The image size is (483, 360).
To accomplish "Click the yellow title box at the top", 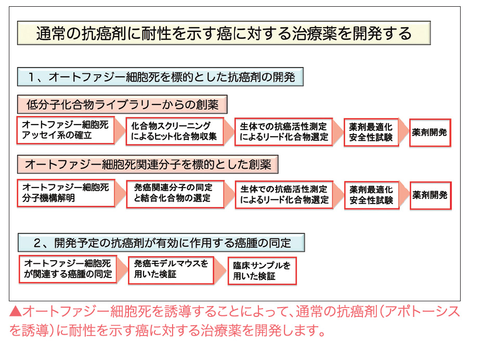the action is pyautogui.click(x=224, y=33).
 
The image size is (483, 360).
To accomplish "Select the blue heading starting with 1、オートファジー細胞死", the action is pyautogui.click(x=160, y=76).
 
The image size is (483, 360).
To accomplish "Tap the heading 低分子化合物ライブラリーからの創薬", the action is pyautogui.click(x=122, y=104).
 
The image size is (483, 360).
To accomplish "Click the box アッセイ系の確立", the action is pyautogui.click(x=66, y=130).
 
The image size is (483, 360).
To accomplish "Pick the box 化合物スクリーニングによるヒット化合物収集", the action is pyautogui.click(x=175, y=131).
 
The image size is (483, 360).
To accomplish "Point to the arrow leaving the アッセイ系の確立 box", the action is pyautogui.click(x=120, y=130).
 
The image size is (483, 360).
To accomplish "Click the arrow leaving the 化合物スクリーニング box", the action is pyautogui.click(x=229, y=131).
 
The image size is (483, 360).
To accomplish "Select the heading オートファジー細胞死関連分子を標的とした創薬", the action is pyautogui.click(x=148, y=164).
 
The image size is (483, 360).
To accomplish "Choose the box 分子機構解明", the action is pyautogui.click(x=66, y=193).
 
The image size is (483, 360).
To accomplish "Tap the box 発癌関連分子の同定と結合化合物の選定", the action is pyautogui.click(x=175, y=194).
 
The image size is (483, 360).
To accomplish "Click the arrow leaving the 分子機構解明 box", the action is pyautogui.click(x=121, y=193).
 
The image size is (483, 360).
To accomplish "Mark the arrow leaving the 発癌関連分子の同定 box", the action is pyautogui.click(x=229, y=194).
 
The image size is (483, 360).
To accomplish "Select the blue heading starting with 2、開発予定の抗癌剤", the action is pyautogui.click(x=161, y=243).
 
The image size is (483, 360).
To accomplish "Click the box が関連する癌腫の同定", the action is pyautogui.click(x=68, y=269).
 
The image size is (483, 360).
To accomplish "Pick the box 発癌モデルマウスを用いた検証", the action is pyautogui.click(x=171, y=270).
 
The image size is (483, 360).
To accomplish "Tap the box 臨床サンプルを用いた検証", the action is pyautogui.click(x=262, y=271).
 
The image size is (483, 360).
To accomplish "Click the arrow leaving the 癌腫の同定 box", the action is pyautogui.click(x=123, y=269).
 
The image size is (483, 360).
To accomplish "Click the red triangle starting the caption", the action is pyautogui.click(x=16, y=311).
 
